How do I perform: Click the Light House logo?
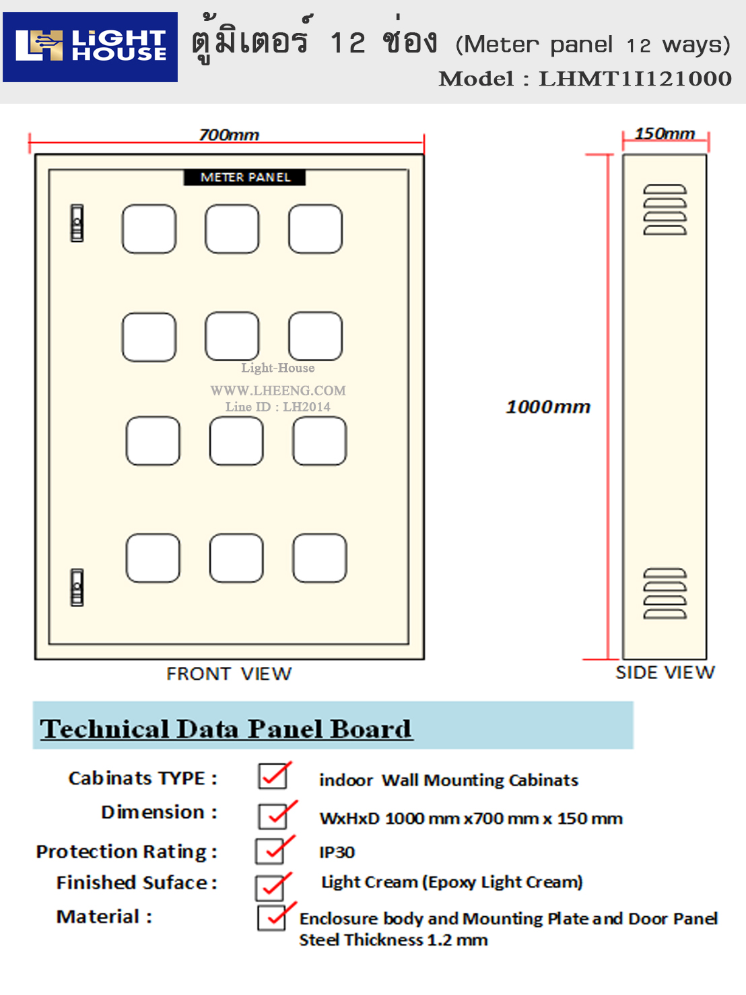(90, 46)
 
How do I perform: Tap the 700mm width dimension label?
(229, 135)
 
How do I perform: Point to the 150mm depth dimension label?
(665, 133)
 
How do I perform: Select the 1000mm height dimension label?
(548, 407)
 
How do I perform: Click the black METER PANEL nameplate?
(245, 177)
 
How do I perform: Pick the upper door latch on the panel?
(77, 223)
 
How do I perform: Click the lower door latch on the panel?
(77, 587)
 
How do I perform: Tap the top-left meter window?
(149, 229)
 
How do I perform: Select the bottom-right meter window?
(320, 558)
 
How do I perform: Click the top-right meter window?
(316, 229)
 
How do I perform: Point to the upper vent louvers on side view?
(665, 210)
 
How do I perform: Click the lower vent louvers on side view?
(665, 593)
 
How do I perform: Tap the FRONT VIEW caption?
(229, 674)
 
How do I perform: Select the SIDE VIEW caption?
(665, 672)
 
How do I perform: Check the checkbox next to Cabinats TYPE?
(273, 777)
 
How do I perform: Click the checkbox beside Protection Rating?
(270, 851)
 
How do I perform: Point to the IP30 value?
(337, 853)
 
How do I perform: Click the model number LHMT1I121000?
(635, 79)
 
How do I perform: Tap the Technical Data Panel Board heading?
(226, 729)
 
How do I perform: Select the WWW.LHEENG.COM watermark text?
(278, 391)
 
